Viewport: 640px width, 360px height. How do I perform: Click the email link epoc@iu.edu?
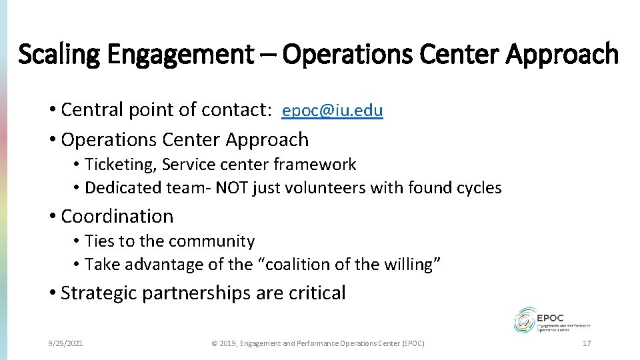[x=332, y=111]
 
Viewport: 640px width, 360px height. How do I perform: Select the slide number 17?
[x=587, y=343]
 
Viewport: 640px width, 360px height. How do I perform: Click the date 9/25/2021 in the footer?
[x=66, y=343]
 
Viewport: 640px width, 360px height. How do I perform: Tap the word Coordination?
[x=117, y=216]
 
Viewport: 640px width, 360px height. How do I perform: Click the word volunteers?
[x=325, y=188]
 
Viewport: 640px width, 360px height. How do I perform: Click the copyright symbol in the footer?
[x=214, y=343]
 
